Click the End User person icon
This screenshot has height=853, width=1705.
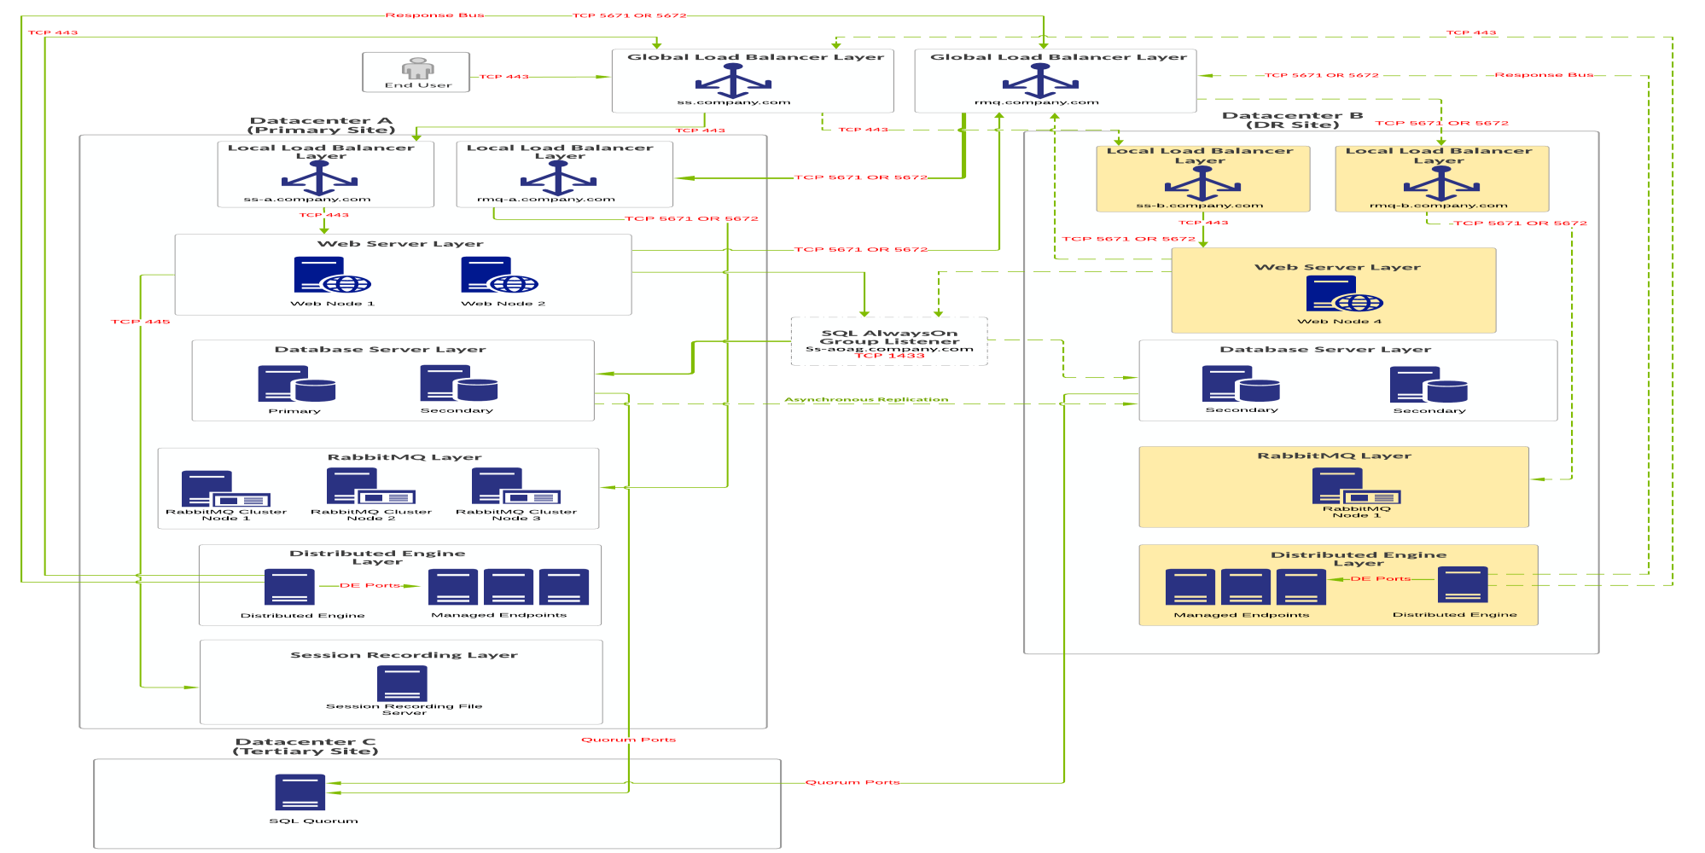pyautogui.click(x=417, y=68)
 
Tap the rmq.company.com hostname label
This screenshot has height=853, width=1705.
pyautogui.click(x=1036, y=102)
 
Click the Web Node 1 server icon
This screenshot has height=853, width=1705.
pyautogui.click(x=331, y=276)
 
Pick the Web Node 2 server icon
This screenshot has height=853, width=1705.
pyautogui.click(x=498, y=276)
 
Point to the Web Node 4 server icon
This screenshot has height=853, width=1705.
pyautogui.click(x=1343, y=294)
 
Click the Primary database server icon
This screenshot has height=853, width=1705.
pyautogui.click(x=295, y=384)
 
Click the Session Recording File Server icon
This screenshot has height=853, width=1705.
pyautogui.click(x=402, y=682)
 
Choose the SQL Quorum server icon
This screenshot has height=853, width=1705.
pyautogui.click(x=300, y=792)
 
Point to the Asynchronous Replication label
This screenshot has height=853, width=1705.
pyautogui.click(x=866, y=399)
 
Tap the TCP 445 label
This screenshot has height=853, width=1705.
pyautogui.click(x=140, y=322)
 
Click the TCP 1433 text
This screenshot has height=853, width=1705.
pyautogui.click(x=889, y=356)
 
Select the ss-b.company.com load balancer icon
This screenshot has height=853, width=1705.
pyautogui.click(x=1202, y=183)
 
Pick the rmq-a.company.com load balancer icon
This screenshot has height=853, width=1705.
pyautogui.click(x=558, y=178)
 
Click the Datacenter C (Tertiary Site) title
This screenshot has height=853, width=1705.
pyautogui.click(x=306, y=746)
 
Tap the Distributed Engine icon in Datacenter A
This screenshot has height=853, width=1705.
pyautogui.click(x=289, y=587)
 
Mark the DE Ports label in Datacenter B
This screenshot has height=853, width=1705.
pyautogui.click(x=1380, y=578)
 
